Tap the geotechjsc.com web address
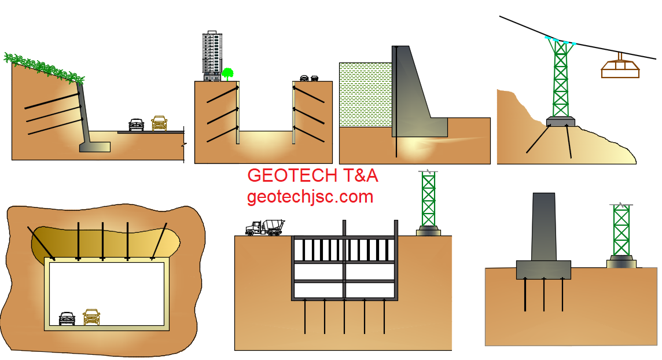pyautogui.click(x=310, y=197)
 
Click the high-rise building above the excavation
pyautogui.click(x=212, y=56)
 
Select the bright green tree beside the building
pyautogui.click(x=227, y=73)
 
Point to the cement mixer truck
pyautogui.click(x=265, y=227)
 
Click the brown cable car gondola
pyautogui.click(x=620, y=68)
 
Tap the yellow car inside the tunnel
pyautogui.click(x=91, y=317)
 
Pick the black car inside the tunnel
pyautogui.click(x=67, y=318)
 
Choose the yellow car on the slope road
pyautogui.click(x=159, y=123)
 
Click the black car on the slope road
pyautogui.click(x=136, y=124)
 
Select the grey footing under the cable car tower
pyautogui.click(x=560, y=122)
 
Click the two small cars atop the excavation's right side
pyautogui.click(x=310, y=78)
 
